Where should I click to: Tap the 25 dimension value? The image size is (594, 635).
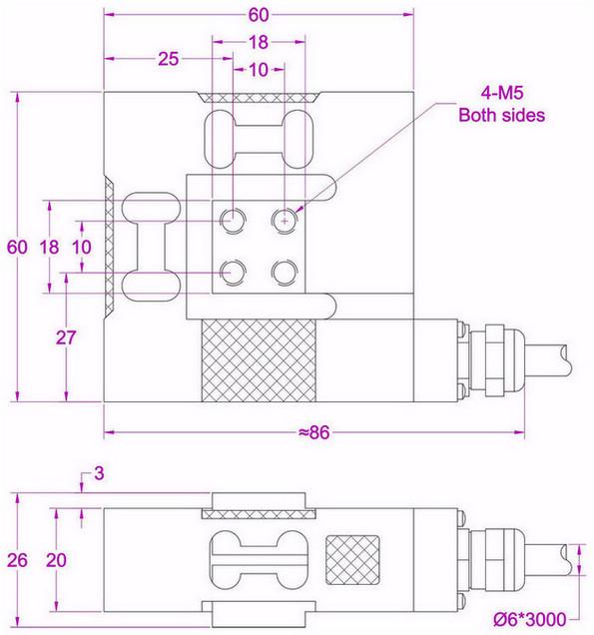pyautogui.click(x=168, y=60)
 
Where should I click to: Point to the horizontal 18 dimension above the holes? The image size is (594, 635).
pyautogui.click(x=259, y=42)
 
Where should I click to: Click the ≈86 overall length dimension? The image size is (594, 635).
pyautogui.click(x=312, y=432)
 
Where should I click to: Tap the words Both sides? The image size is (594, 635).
pyautogui.click(x=501, y=115)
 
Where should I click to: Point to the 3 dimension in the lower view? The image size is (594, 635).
pyautogui.click(x=98, y=472)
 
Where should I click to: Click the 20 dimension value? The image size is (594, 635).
pyautogui.click(x=56, y=560)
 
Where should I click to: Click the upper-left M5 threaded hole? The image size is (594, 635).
pyautogui.click(x=235, y=218)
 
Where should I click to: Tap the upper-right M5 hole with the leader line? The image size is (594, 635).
pyautogui.click(x=285, y=218)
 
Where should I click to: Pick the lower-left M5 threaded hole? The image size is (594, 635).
pyautogui.click(x=235, y=269)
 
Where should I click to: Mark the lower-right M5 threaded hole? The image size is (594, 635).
pyautogui.click(x=285, y=270)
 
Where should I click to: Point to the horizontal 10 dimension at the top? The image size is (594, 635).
pyautogui.click(x=259, y=70)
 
